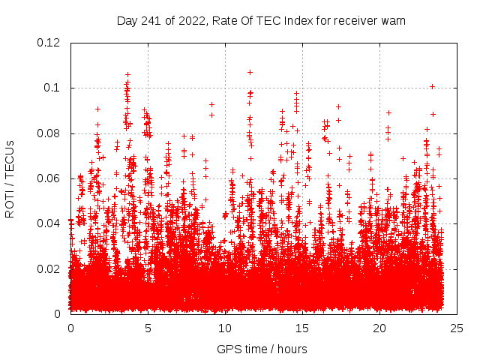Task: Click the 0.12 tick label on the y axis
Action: tap(50, 43)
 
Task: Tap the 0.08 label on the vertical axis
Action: tap(50, 133)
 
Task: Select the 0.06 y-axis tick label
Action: tap(50, 178)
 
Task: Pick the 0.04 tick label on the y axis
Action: tap(50, 223)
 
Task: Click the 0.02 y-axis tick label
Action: tap(50, 268)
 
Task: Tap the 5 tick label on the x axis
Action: tap(148, 328)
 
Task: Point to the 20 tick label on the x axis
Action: tap(379, 328)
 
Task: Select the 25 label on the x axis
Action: tap(457, 328)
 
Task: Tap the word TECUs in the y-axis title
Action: tap(10, 160)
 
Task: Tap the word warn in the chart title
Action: tap(391, 21)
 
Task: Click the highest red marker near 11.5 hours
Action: tap(250, 72)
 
